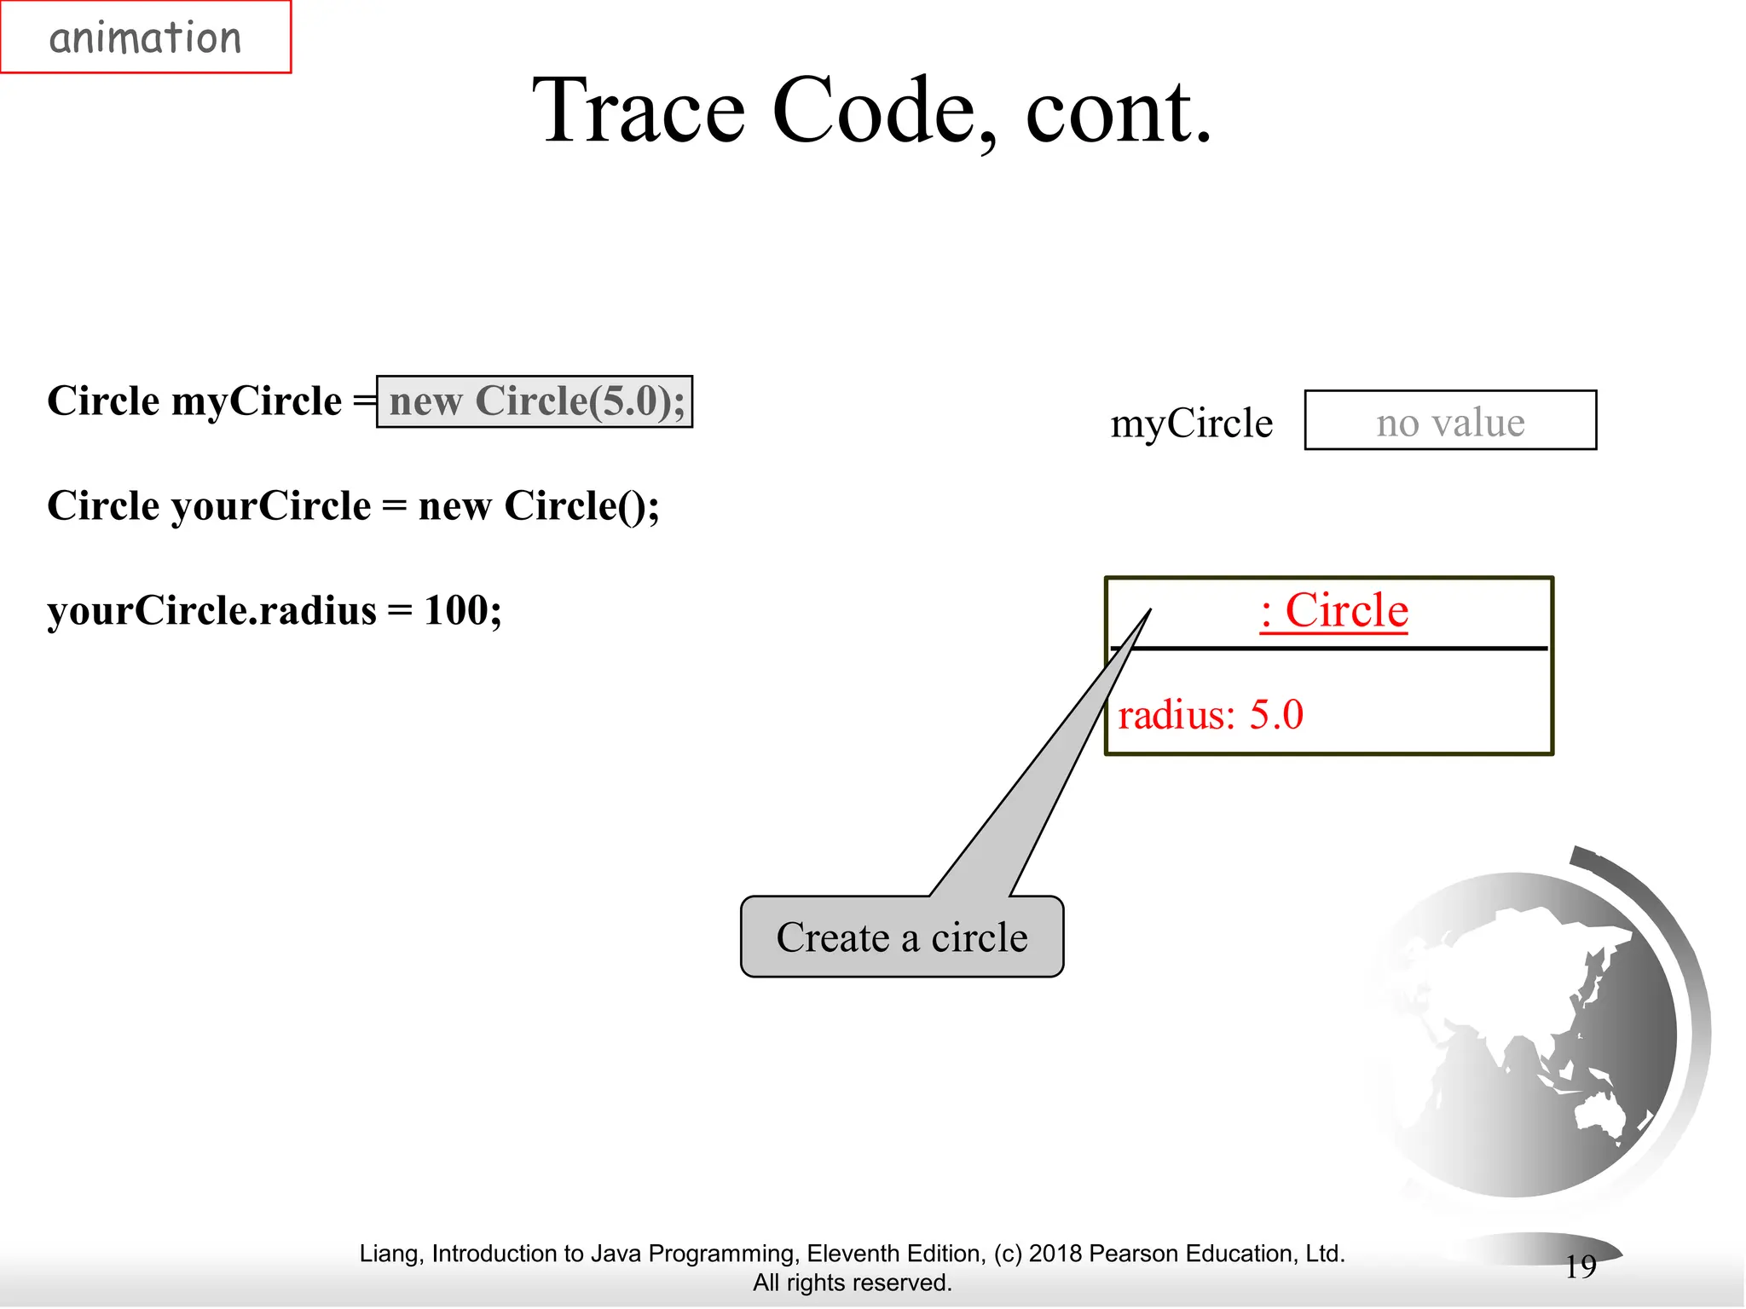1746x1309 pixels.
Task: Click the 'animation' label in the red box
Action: (x=145, y=38)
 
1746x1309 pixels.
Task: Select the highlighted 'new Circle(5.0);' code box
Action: (x=535, y=401)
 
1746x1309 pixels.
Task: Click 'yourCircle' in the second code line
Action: (x=272, y=506)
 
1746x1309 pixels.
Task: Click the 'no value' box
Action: (x=1449, y=421)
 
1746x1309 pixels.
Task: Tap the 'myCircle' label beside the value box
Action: (x=1191, y=424)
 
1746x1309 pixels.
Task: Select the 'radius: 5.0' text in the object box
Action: (x=1210, y=714)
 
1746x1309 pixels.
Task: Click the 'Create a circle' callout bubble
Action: (x=901, y=937)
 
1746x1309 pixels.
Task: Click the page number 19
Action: (x=1580, y=1266)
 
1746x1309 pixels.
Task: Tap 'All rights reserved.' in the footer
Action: (x=852, y=1283)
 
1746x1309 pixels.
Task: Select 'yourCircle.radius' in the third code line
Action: (x=211, y=611)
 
